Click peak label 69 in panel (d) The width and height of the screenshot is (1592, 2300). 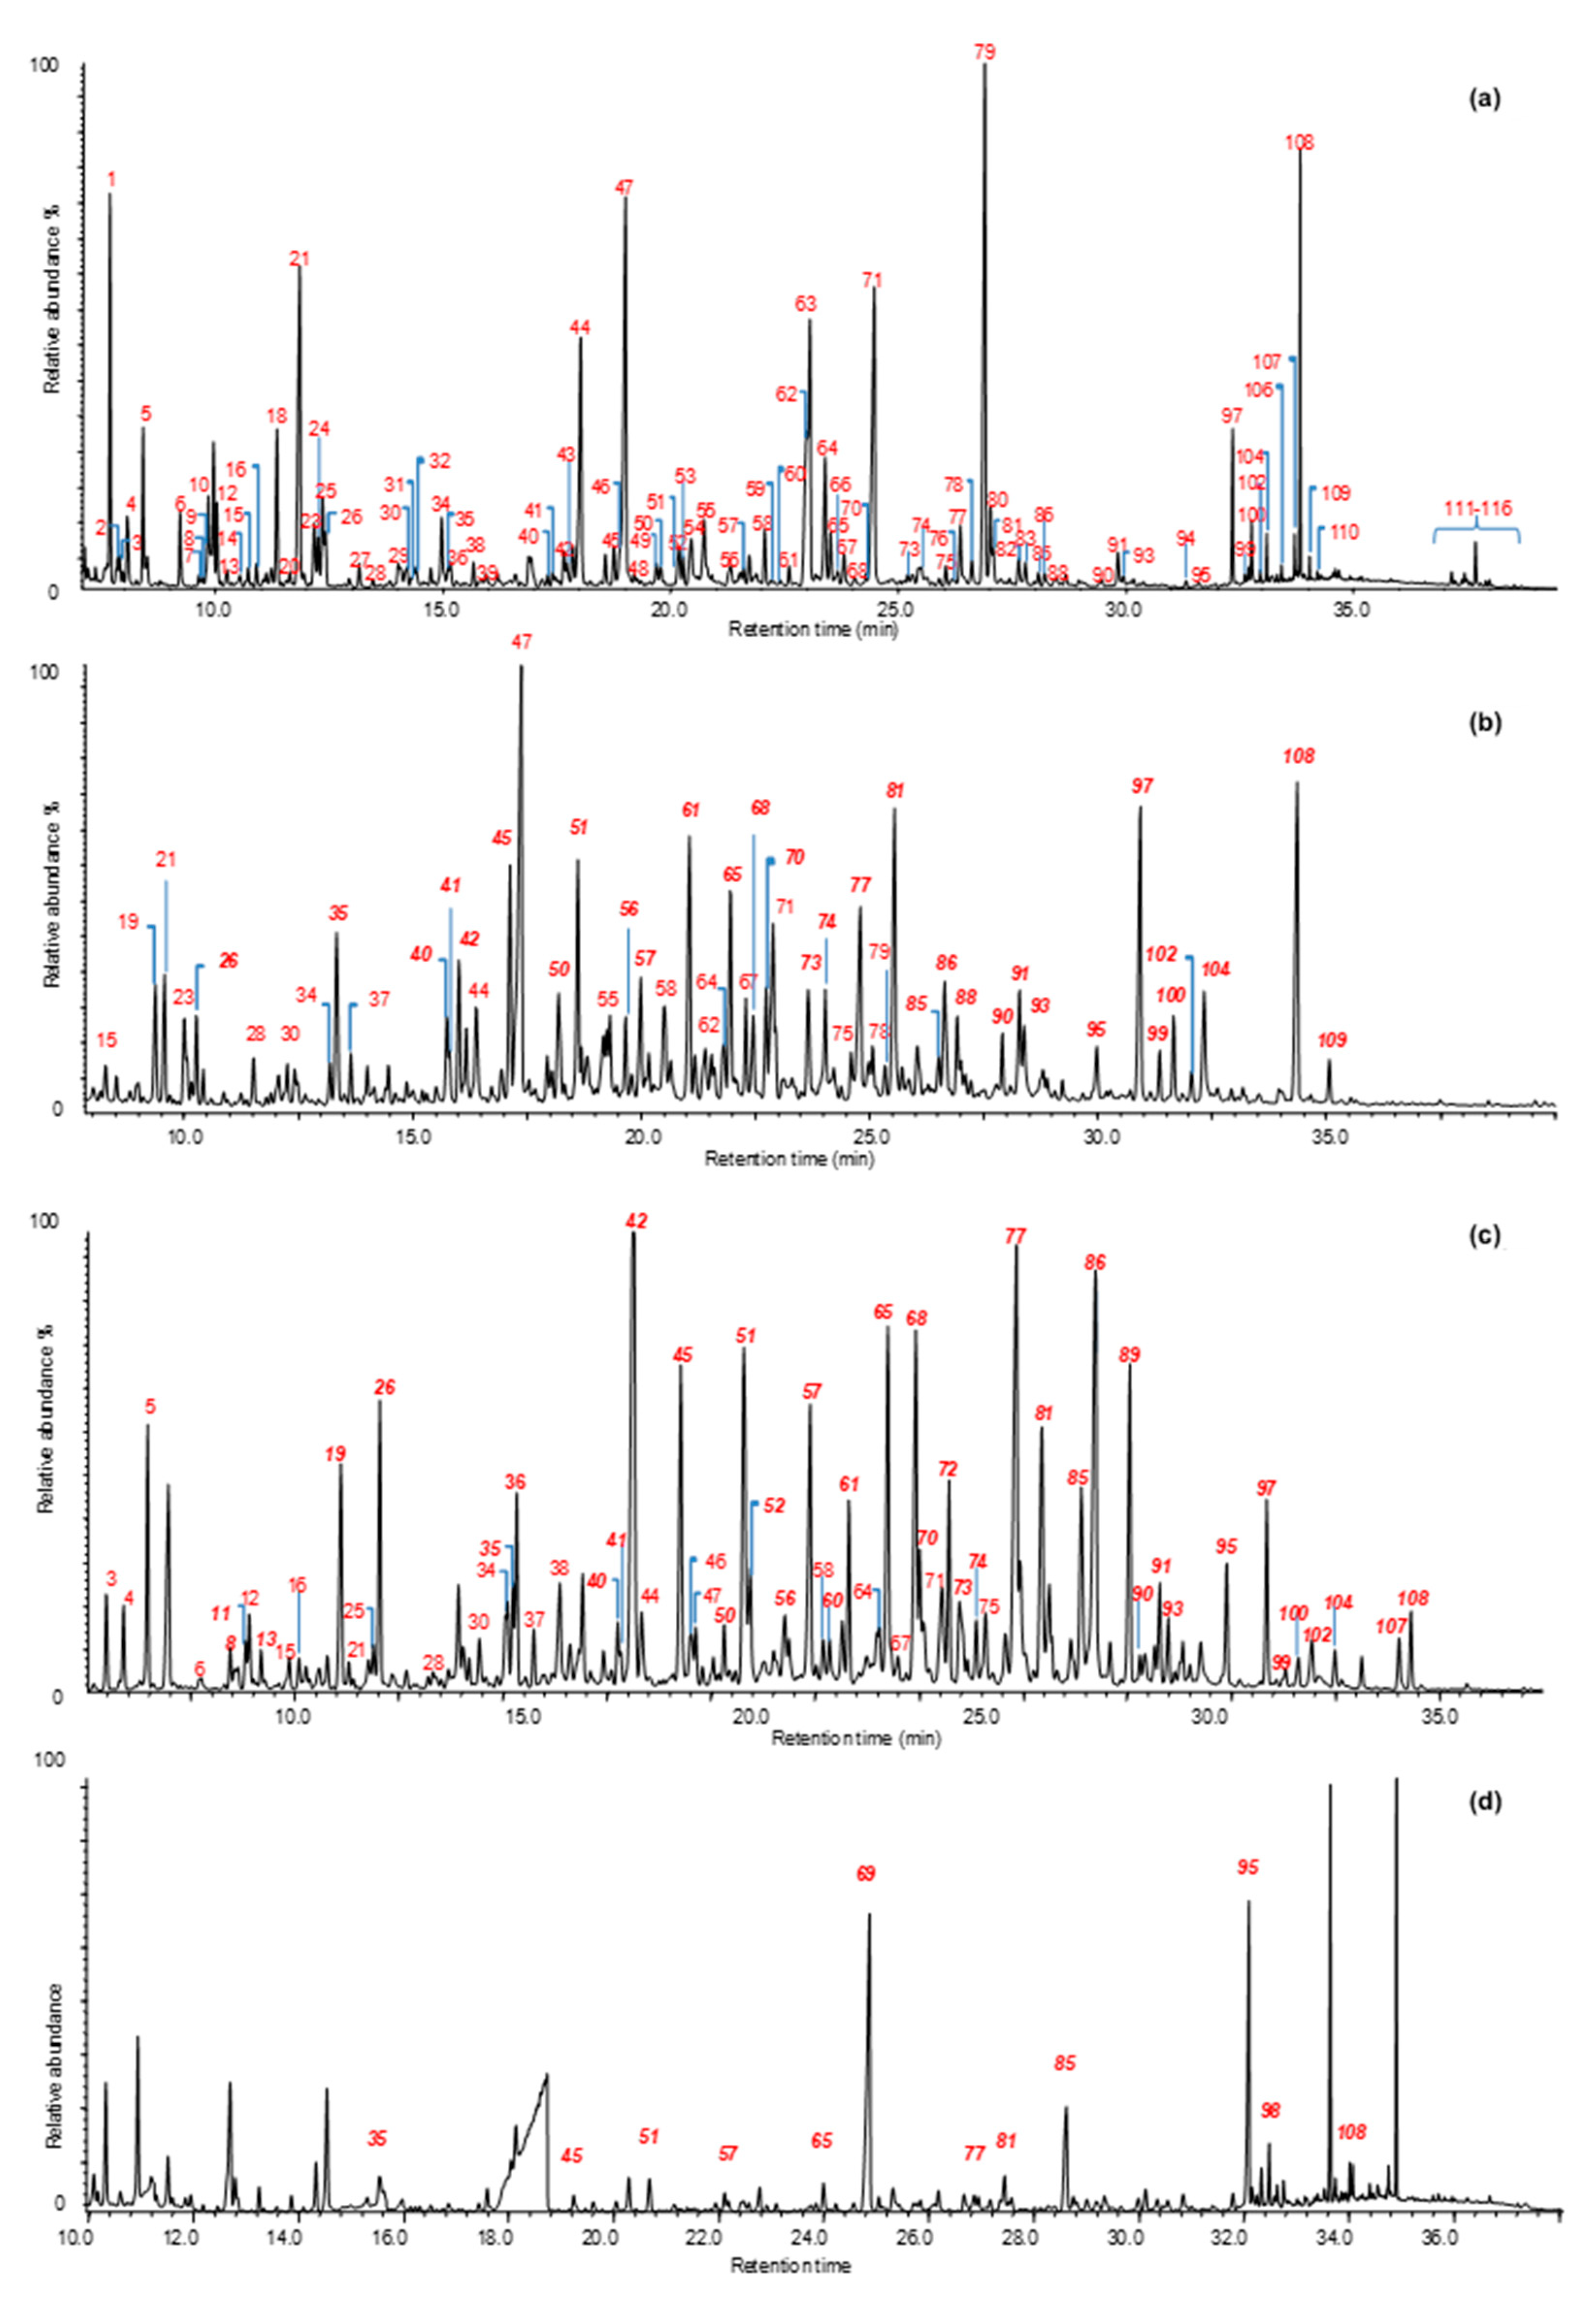tap(866, 1874)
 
